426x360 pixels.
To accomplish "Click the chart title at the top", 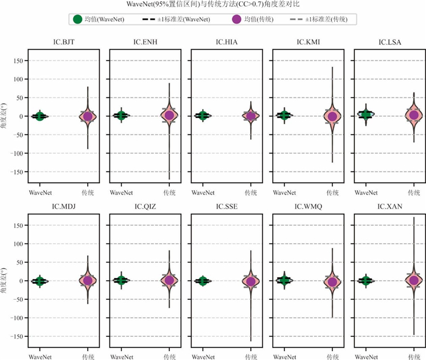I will click(213, 5).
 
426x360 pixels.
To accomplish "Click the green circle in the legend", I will click(77, 19).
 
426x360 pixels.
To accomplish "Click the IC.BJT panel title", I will click(63, 42).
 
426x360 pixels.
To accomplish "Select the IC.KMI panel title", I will click(308, 42).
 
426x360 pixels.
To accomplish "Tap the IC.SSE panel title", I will click(226, 206).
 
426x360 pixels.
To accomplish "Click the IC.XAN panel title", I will click(389, 206).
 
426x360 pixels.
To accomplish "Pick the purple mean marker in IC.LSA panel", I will click(414, 115).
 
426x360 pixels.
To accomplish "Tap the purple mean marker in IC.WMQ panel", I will click(332, 282).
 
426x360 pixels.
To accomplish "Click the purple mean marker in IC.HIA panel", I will click(251, 116).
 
